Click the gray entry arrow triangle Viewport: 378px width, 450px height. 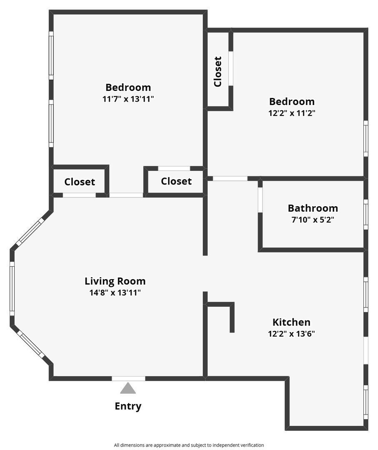(x=128, y=388)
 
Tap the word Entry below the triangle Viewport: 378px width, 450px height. (x=128, y=406)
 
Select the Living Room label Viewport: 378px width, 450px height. (x=115, y=281)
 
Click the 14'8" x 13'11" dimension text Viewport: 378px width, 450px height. (x=115, y=293)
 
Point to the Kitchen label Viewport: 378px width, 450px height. (x=291, y=322)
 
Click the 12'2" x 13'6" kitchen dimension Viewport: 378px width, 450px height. (x=291, y=334)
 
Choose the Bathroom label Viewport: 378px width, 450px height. (x=313, y=208)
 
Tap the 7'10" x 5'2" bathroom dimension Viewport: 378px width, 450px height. (x=313, y=220)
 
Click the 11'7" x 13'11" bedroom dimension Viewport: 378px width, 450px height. (x=128, y=99)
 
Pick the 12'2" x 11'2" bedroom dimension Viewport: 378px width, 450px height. (x=292, y=113)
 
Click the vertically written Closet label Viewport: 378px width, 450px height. (x=218, y=72)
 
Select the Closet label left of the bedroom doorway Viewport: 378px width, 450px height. (x=80, y=182)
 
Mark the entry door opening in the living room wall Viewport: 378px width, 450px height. (x=128, y=378)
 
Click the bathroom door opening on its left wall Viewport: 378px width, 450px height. (x=260, y=200)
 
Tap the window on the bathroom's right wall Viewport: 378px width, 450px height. (x=366, y=215)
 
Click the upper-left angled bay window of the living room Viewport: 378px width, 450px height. (x=30, y=232)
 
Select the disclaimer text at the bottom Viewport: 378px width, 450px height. (x=189, y=445)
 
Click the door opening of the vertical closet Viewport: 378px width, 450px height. (x=231, y=68)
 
